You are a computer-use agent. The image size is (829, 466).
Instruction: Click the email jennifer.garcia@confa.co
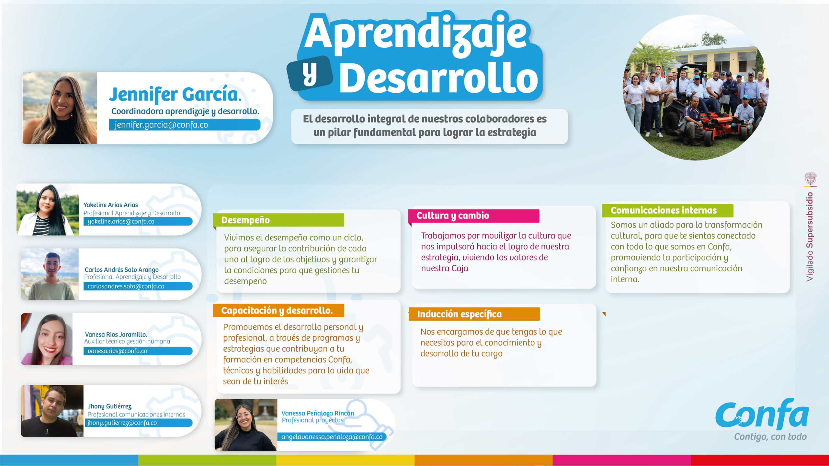pyautogui.click(x=161, y=125)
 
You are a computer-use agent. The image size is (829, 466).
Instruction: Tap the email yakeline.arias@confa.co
pyautogui.click(x=121, y=222)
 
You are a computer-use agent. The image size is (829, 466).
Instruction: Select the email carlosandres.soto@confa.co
pyautogui.click(x=126, y=286)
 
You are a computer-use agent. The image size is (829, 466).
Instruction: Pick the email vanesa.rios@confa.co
pyautogui.click(x=117, y=351)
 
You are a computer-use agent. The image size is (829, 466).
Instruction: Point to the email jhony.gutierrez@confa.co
pyautogui.click(x=122, y=423)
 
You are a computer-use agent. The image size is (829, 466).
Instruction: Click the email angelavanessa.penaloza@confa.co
pyautogui.click(x=332, y=437)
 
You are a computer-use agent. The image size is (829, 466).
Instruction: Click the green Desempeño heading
pyautogui.click(x=245, y=220)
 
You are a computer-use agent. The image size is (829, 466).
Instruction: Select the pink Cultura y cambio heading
pyautogui.click(x=452, y=216)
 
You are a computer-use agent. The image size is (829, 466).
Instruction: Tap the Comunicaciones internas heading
pyautogui.click(x=664, y=211)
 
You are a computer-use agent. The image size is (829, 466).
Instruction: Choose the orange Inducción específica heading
pyautogui.click(x=459, y=314)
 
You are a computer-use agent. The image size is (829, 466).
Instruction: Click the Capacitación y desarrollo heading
pyautogui.click(x=277, y=311)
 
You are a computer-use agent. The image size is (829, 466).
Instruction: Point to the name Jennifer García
pyautogui.click(x=175, y=94)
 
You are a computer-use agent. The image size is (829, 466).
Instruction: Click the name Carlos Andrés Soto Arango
pyautogui.click(x=121, y=270)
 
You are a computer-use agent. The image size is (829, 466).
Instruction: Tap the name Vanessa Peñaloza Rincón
pyautogui.click(x=317, y=413)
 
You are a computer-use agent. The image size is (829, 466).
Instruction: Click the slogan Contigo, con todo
pyautogui.click(x=770, y=437)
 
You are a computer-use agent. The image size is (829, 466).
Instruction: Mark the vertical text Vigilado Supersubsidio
pyautogui.click(x=810, y=237)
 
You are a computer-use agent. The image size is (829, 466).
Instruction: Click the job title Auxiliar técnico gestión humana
pyautogui.click(x=127, y=341)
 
